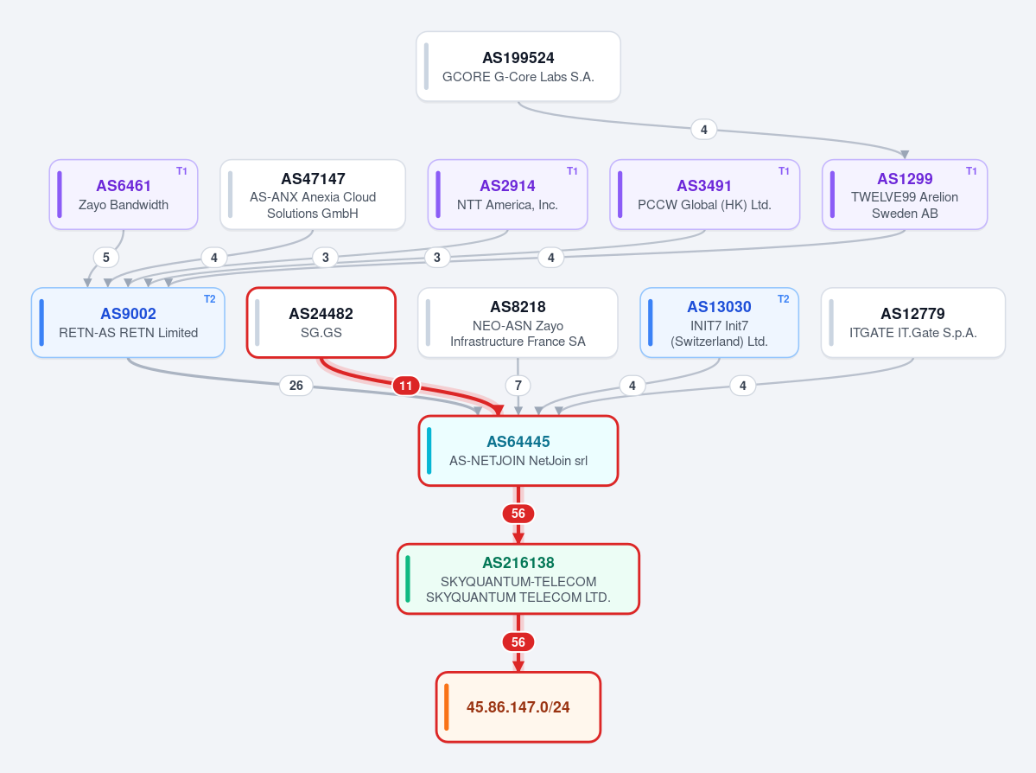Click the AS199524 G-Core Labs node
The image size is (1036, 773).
point(518,67)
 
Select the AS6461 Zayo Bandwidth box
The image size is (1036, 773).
point(124,195)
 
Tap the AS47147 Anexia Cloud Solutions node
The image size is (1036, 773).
point(313,195)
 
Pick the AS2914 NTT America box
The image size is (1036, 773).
point(507,195)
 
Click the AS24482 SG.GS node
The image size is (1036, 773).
point(321,323)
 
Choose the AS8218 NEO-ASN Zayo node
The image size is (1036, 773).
point(518,323)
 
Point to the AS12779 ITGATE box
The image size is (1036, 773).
point(913,323)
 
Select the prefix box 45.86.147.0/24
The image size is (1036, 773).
point(518,707)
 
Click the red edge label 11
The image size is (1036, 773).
point(406,386)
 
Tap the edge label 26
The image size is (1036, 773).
point(296,386)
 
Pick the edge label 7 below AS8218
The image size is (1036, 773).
point(518,386)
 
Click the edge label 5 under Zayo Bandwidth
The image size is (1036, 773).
point(105,257)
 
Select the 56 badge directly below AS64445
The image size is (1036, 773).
point(518,514)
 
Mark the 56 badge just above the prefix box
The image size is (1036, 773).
point(518,642)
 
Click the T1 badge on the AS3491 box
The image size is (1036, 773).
point(784,171)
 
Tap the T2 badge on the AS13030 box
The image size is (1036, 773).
point(783,299)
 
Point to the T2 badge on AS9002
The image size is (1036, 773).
point(209,299)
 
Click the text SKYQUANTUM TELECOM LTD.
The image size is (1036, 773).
point(518,597)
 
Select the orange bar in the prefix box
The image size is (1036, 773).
point(447,707)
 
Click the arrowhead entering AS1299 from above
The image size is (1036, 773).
point(905,155)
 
